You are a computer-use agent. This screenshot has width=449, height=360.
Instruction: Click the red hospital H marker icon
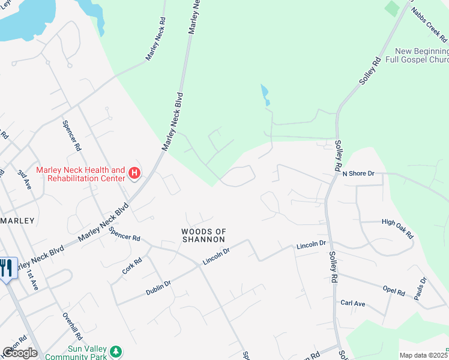click(135, 174)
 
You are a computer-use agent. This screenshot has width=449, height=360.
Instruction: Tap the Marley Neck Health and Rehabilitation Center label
click(80, 174)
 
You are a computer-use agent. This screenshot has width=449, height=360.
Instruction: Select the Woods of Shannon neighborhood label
click(204, 235)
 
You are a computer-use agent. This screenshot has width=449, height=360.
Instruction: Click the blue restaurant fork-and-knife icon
click(7, 268)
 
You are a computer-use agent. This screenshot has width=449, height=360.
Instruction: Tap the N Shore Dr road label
click(358, 173)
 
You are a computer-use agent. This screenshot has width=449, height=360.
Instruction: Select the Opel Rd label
click(394, 291)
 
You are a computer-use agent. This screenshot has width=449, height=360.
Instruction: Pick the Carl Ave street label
click(353, 304)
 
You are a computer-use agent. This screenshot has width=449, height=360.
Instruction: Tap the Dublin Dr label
click(158, 287)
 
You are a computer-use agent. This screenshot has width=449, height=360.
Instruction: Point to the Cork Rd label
click(132, 266)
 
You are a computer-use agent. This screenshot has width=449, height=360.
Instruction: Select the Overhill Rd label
click(71, 326)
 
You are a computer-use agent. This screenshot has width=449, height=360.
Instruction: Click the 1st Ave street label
click(31, 279)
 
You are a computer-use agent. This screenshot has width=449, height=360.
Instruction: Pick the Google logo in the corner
click(20, 353)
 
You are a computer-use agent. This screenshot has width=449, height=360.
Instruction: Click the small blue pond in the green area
click(265, 95)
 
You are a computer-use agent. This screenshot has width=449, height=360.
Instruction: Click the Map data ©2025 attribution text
click(424, 355)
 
